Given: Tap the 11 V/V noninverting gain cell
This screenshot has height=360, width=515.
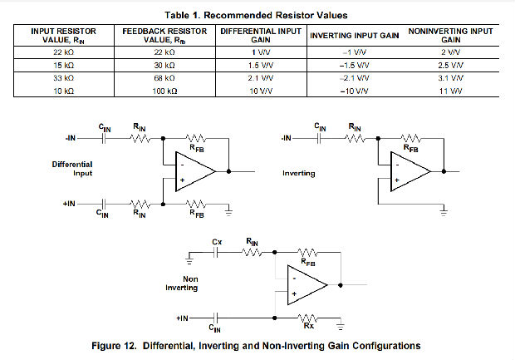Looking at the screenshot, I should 452,90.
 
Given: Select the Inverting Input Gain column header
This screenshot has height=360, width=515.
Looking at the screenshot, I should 354,36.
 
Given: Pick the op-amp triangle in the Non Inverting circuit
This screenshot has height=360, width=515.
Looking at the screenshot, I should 307,284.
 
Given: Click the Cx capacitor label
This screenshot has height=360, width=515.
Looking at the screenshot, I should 218,241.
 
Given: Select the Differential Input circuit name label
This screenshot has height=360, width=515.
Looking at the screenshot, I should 71,170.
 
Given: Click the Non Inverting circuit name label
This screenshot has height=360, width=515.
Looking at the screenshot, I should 183,284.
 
